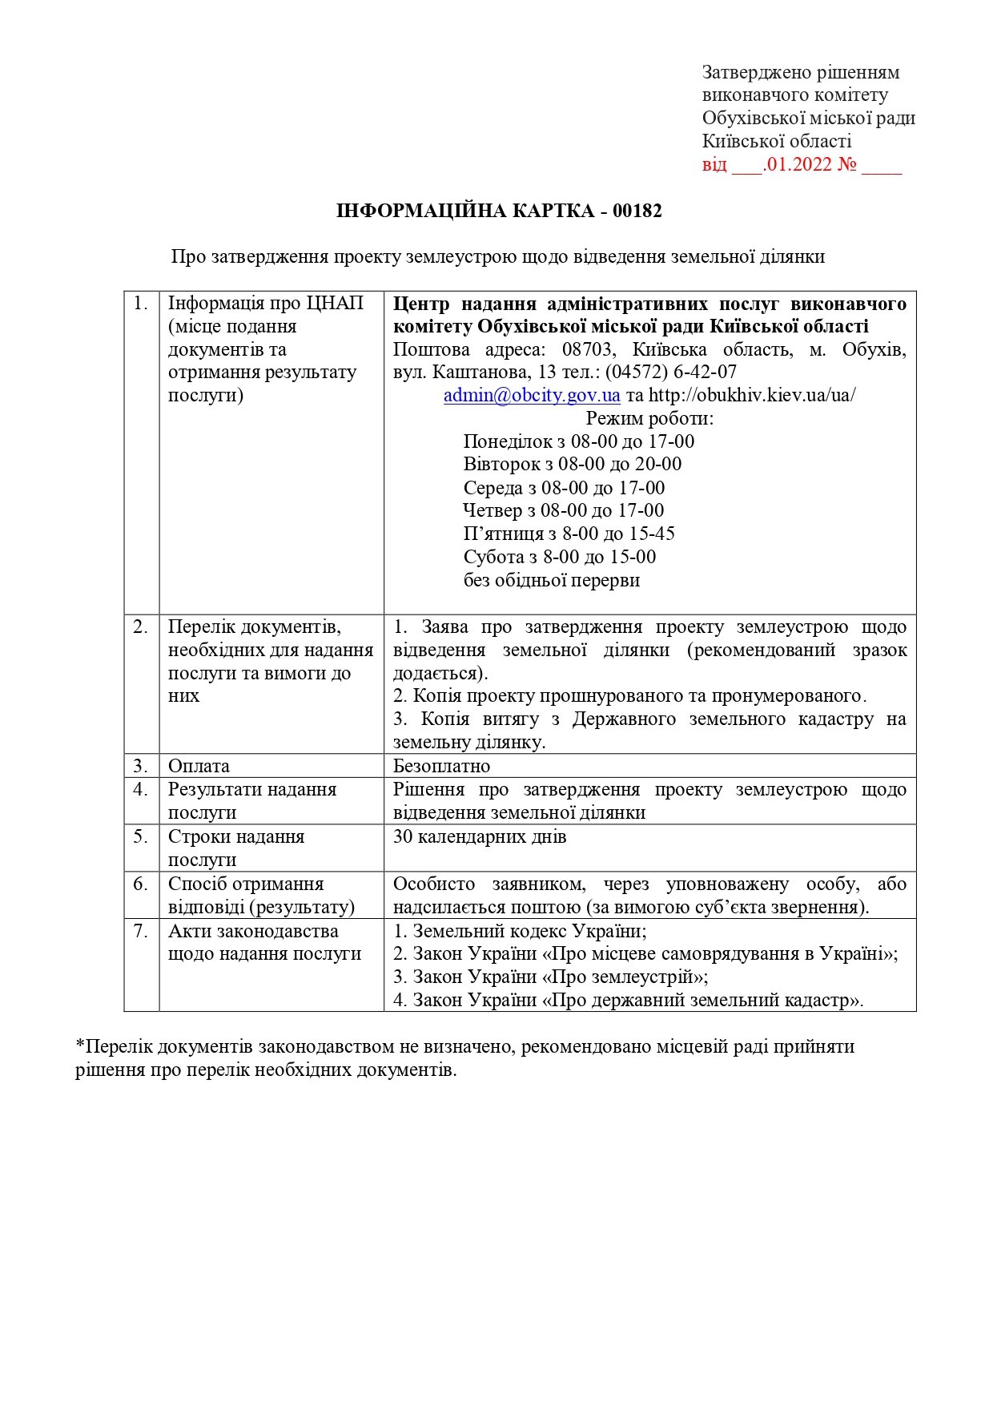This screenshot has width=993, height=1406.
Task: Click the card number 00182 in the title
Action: (637, 212)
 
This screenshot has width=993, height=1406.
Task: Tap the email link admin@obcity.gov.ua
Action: (532, 396)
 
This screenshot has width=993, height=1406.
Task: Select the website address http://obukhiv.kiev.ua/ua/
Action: (752, 396)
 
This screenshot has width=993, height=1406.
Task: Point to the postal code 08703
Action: (586, 350)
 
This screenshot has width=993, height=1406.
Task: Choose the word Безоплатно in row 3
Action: (441, 766)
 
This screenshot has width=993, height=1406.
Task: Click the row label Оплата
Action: (199, 766)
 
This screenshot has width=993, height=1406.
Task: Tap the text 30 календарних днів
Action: (480, 837)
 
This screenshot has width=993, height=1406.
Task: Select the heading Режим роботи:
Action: (649, 418)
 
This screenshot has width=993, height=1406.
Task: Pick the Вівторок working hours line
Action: (573, 465)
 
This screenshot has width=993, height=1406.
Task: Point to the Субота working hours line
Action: (560, 557)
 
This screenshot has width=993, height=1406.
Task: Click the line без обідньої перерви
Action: (552, 580)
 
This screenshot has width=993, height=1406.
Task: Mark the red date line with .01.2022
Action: (802, 166)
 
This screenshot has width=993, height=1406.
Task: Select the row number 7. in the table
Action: (141, 931)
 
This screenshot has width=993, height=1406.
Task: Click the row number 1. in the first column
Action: (141, 304)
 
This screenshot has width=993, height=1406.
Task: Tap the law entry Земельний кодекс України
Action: (520, 931)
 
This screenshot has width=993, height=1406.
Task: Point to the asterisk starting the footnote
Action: (80, 1045)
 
